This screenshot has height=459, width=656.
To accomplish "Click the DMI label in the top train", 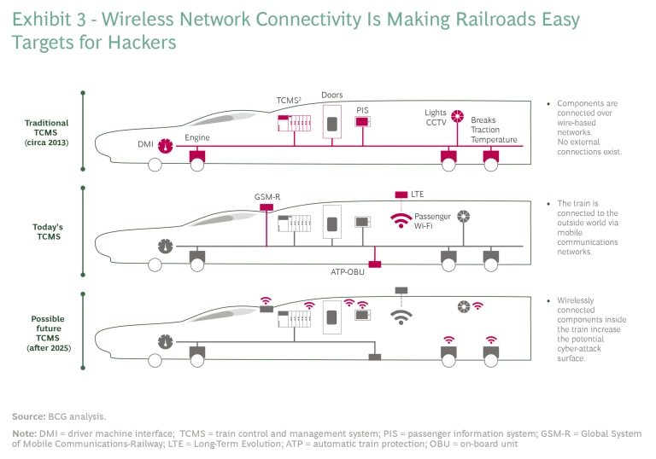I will point(144,145).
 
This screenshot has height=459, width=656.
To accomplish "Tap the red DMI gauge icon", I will point(166,145).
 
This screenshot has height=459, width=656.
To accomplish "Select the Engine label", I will point(196,137).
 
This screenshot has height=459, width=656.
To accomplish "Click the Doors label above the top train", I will point(332,95).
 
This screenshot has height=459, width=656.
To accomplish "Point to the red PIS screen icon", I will point(362,122).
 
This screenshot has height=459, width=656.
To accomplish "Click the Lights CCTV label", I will point(436,119).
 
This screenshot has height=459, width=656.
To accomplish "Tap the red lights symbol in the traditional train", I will point(458,117).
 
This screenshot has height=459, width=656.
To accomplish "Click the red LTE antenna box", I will point(400,195).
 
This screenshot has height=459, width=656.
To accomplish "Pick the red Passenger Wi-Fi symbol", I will point(400,220).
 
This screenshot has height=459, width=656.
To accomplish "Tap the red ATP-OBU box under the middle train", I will point(373,264).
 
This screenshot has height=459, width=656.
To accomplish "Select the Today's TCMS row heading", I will point(49,232).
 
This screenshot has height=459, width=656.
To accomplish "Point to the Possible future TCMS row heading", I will point(48,334).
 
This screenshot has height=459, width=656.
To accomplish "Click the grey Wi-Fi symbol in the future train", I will point(400,317).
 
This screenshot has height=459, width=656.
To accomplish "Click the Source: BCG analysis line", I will point(59,416).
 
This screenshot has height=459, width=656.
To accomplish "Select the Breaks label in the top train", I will point(483,120).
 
